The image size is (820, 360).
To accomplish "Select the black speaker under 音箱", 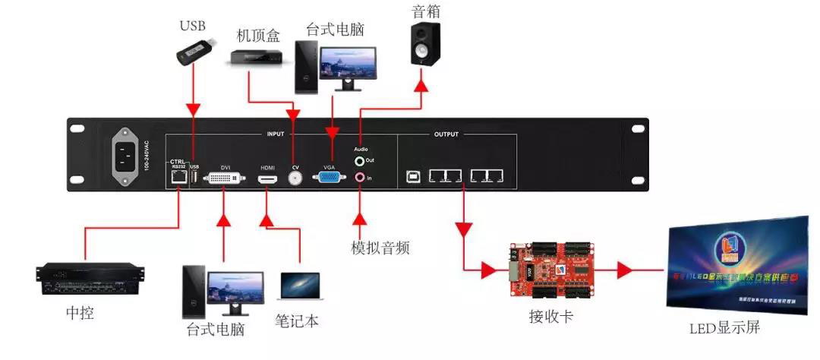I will click(426, 44).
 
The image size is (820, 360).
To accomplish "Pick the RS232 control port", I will click(178, 177).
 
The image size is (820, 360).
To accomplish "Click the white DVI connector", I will click(224, 178).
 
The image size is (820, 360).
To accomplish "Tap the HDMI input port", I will click(267, 179).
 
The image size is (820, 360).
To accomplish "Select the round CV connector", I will click(295, 177).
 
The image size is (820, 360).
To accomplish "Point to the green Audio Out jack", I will click(360, 161).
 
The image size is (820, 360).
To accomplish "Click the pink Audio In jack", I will click(360, 178).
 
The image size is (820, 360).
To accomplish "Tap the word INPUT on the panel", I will click(275, 134).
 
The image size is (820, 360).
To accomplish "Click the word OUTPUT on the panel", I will click(446, 134).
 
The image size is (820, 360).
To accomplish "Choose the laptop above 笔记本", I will click(301, 287).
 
